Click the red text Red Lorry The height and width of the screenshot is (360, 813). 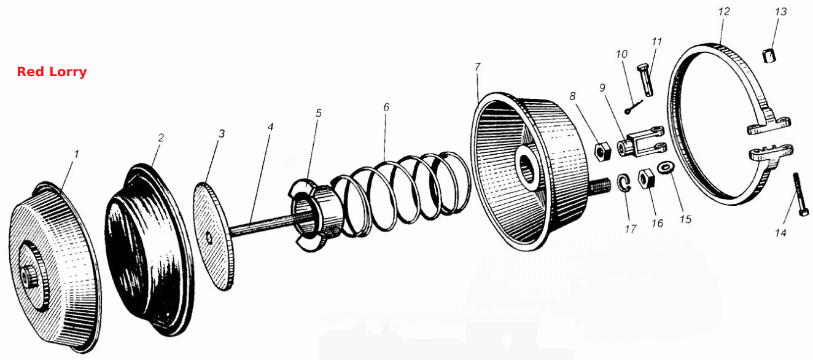click(52, 71)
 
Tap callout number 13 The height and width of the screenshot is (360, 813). click(780, 12)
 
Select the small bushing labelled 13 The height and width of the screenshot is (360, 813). click(768, 55)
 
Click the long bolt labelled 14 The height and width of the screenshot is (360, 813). click(800, 194)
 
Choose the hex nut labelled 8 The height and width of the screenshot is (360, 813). click(602, 152)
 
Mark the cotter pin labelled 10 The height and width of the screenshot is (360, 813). click(633, 107)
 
